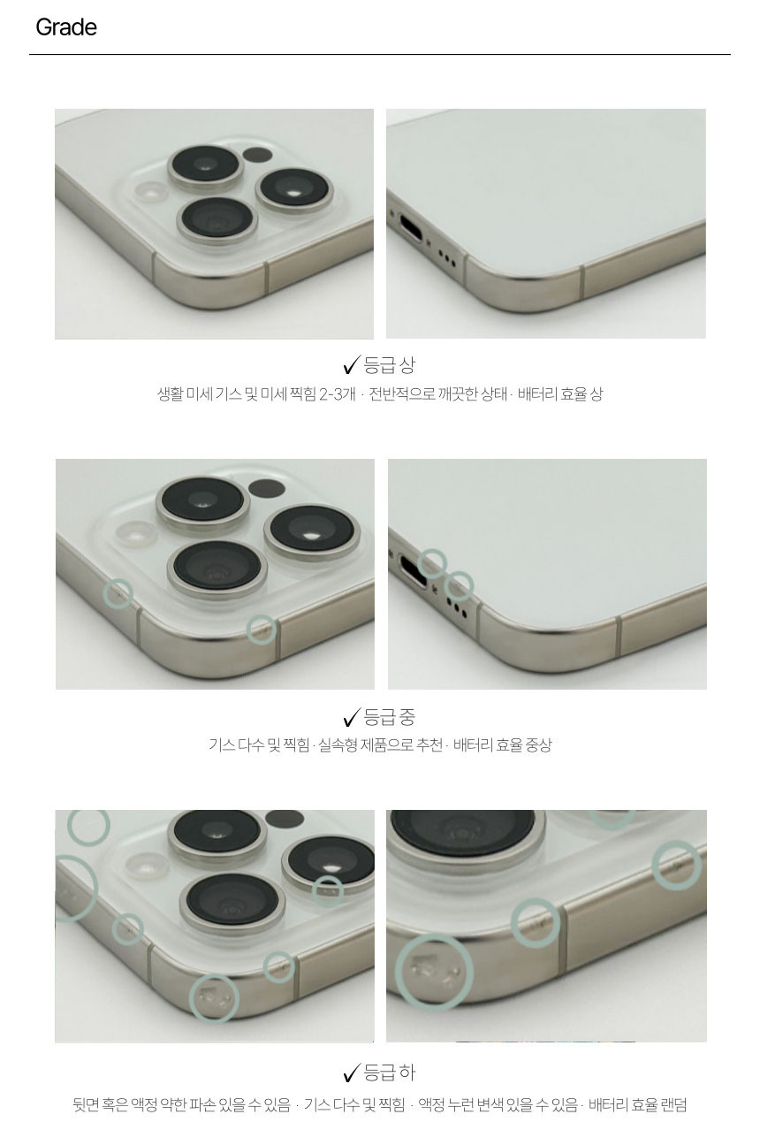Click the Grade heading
coord(66,27)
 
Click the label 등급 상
coord(389,364)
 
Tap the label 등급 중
coord(389,717)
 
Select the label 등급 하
coord(389,1072)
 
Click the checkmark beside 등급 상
coord(352,364)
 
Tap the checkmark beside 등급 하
coord(352,1072)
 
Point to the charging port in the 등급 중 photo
coord(414,570)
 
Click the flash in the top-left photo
coord(150,194)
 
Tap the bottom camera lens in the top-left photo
coord(217,220)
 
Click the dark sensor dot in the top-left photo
coord(257,155)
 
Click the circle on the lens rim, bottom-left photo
coord(327,891)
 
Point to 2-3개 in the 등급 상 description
coord(337,394)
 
